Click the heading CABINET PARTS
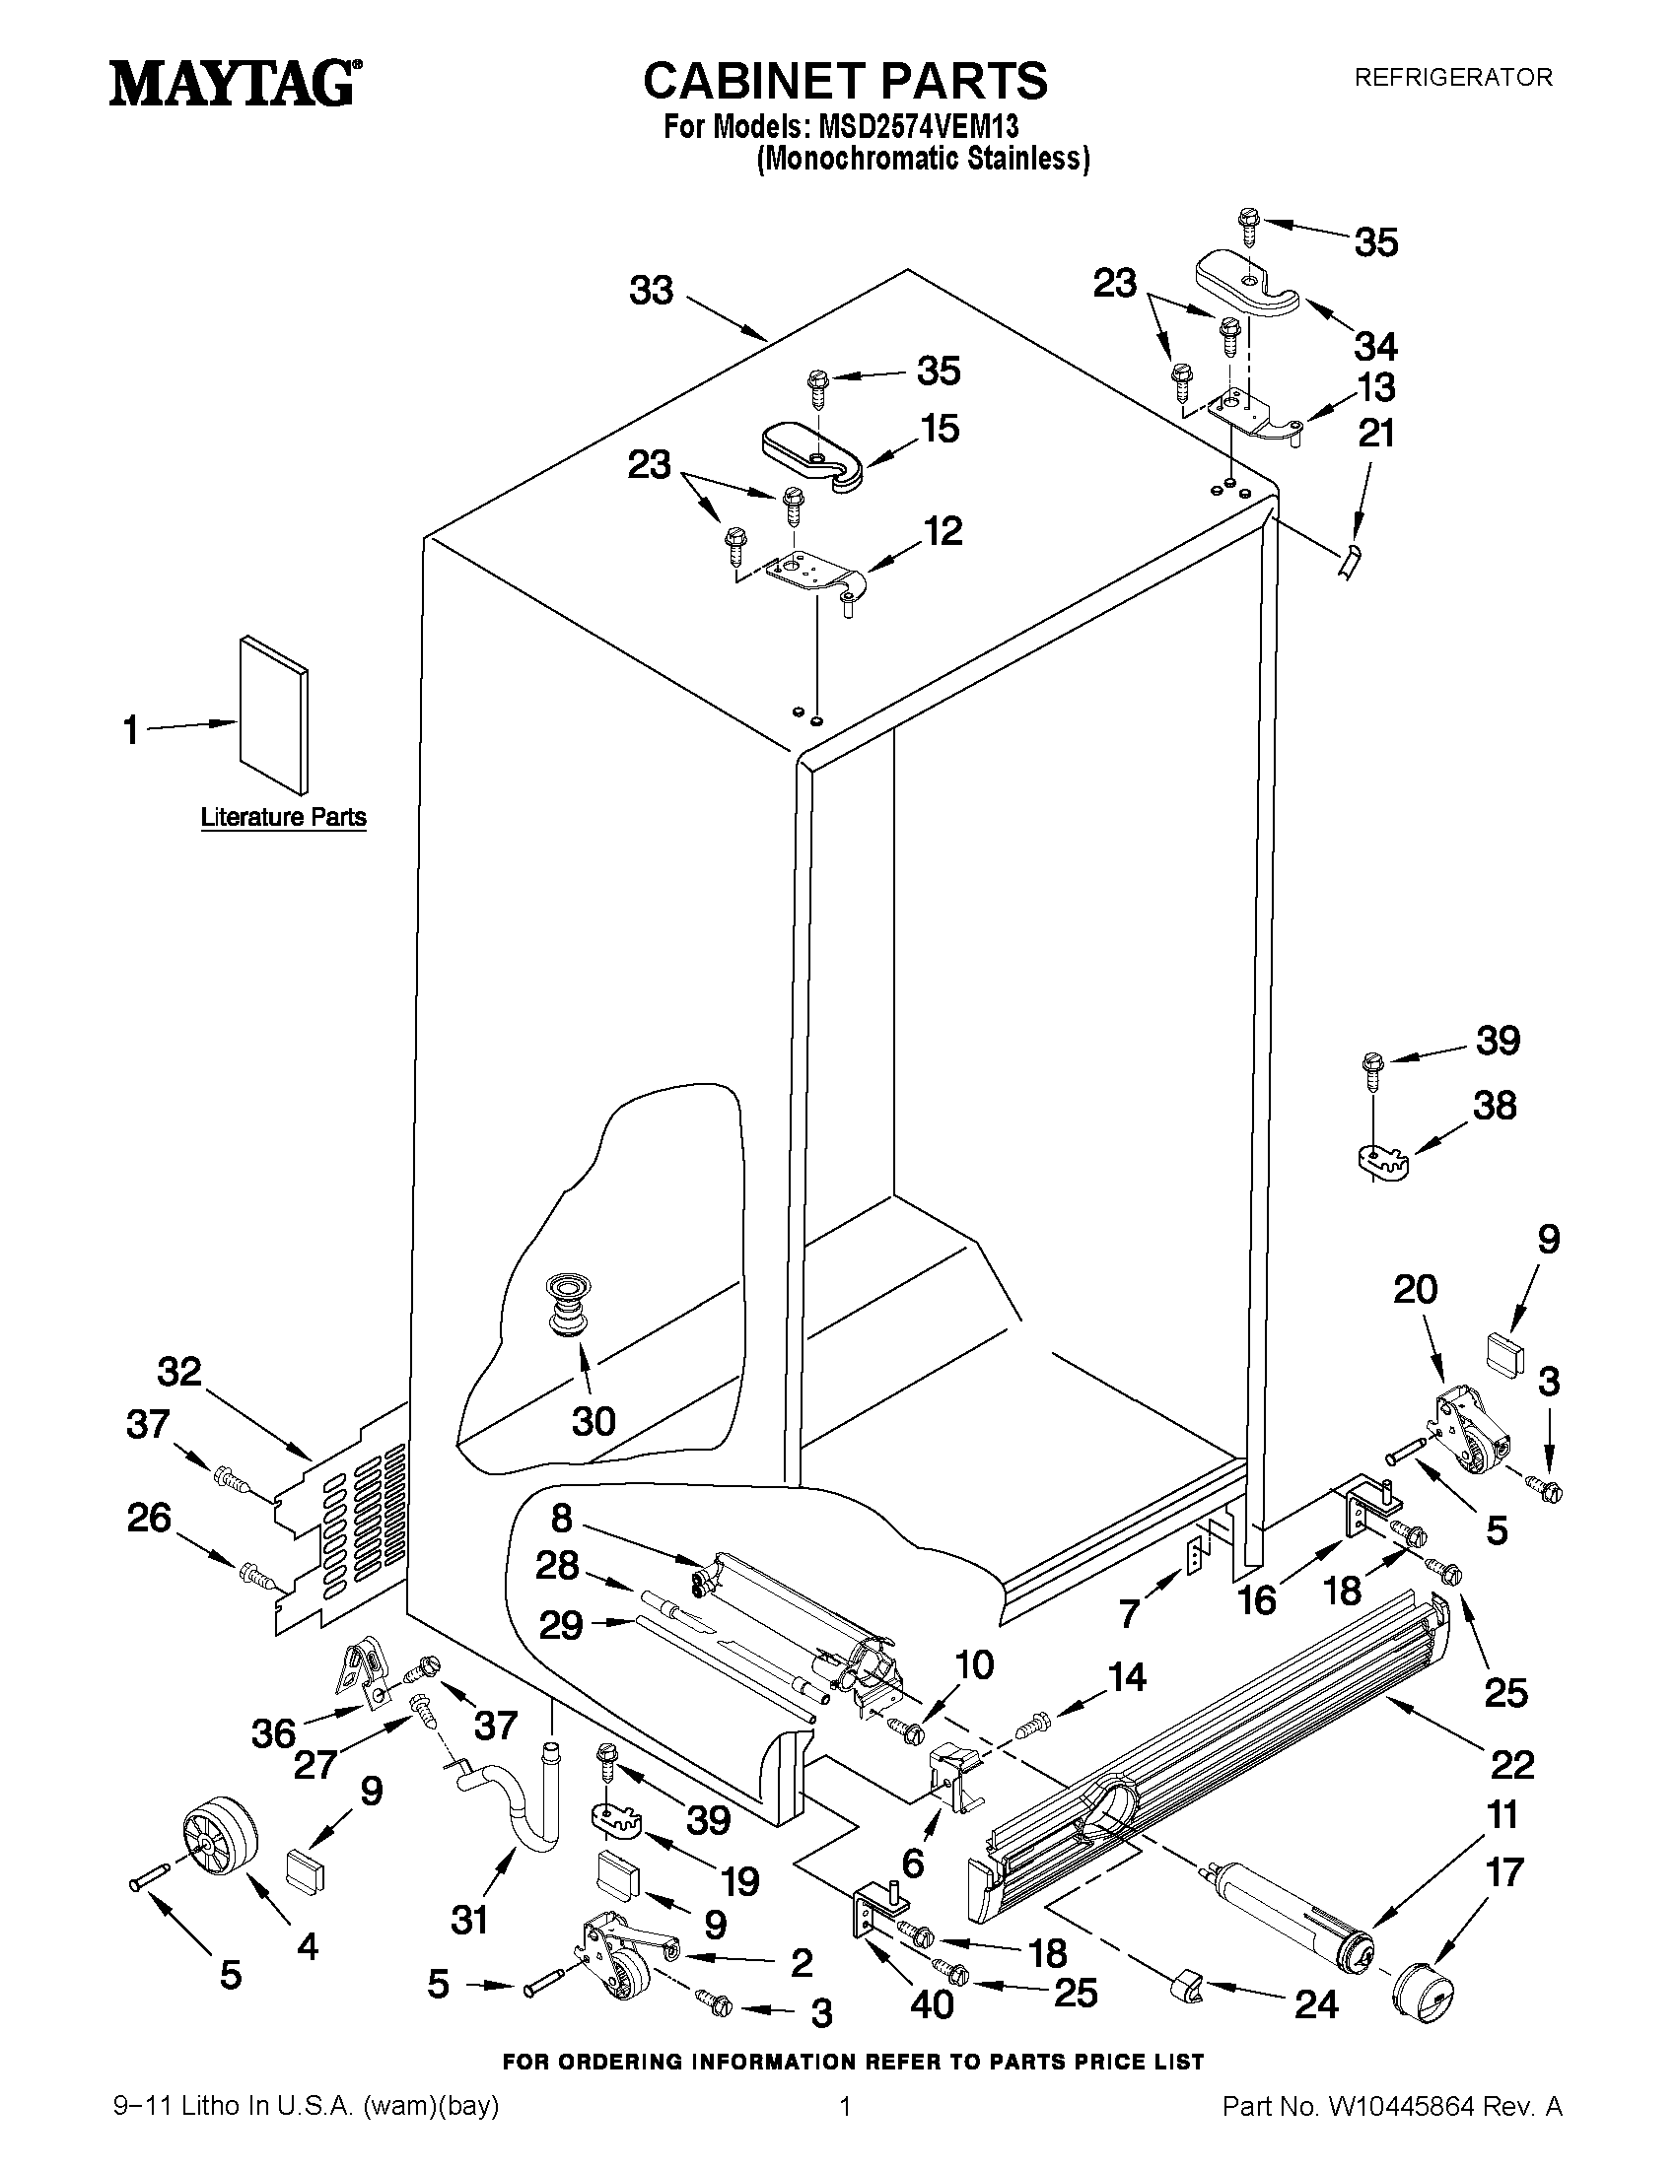[845, 81]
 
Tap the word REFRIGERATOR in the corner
[1452, 78]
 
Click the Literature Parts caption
[284, 817]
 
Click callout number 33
[652, 291]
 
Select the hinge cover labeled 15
[812, 455]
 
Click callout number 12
[943, 531]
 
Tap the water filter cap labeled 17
[1425, 1988]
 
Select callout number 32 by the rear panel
[179, 1373]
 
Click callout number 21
[1377, 433]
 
